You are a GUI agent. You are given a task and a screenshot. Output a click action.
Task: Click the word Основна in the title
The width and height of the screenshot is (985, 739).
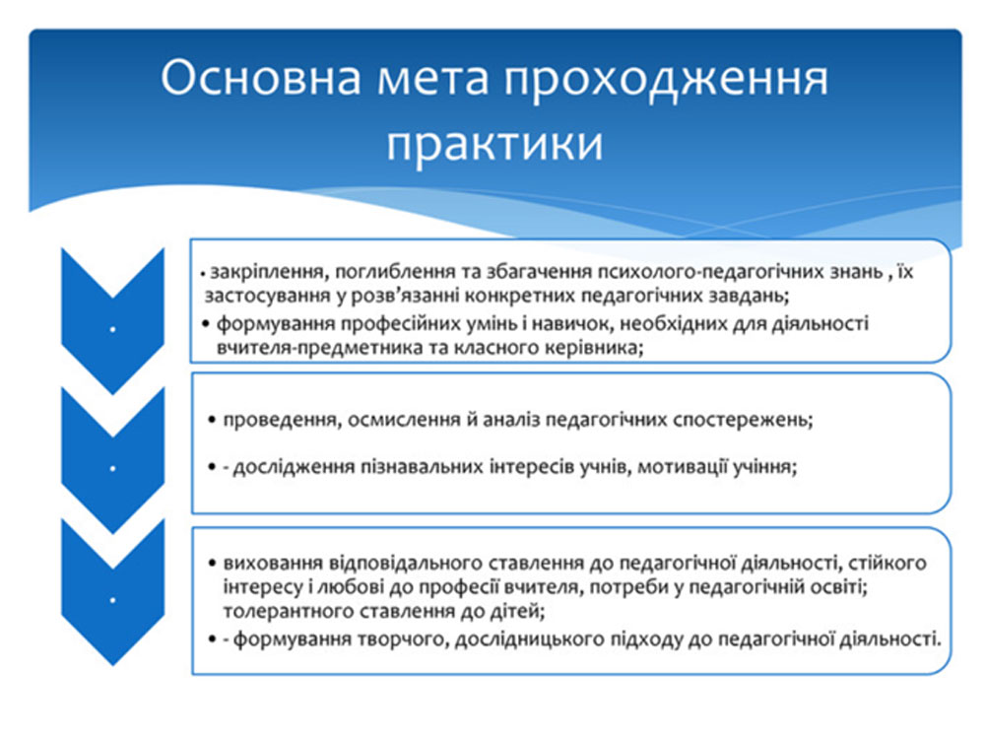pyautogui.click(x=261, y=78)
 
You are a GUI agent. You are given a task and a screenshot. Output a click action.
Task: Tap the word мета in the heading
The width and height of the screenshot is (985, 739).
pyautogui.click(x=433, y=81)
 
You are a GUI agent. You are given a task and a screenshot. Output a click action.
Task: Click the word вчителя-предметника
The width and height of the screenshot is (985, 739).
pyautogui.click(x=318, y=348)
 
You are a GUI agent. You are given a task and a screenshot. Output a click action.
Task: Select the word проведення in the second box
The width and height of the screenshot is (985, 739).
pyautogui.click(x=280, y=420)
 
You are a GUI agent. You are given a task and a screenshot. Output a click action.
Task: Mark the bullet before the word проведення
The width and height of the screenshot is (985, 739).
pyautogui.click(x=212, y=419)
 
